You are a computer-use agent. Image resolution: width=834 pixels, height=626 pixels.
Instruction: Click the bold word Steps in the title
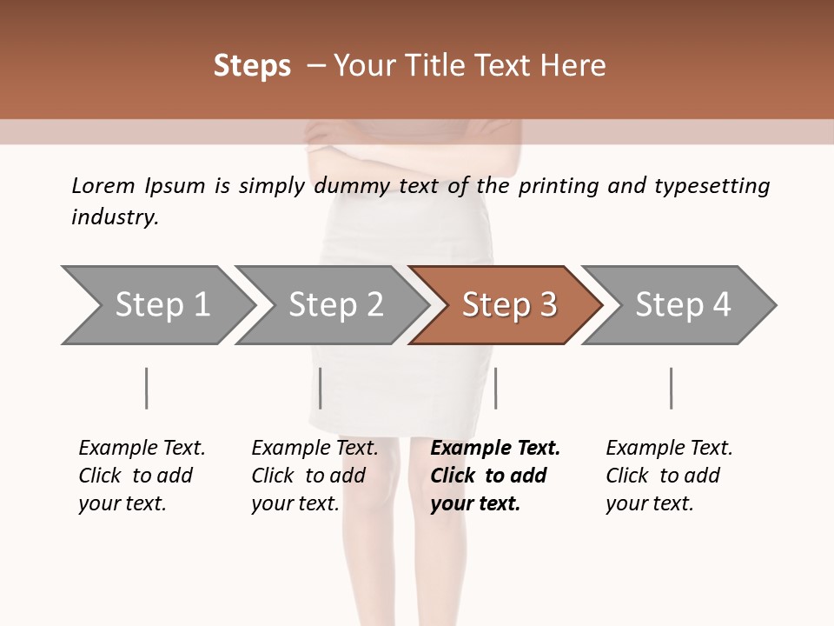pos(252,66)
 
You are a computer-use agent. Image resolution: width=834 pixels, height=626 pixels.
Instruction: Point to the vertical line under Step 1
pos(146,388)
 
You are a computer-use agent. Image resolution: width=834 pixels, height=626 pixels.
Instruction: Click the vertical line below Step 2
pos(321,388)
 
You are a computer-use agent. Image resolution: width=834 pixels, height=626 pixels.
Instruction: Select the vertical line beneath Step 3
pos(495,388)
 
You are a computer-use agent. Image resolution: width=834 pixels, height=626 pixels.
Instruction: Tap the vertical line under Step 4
pos(671,388)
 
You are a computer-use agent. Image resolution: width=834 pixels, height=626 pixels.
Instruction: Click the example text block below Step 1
pos(142,476)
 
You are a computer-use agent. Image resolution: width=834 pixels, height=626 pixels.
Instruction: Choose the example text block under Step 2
pos(314,476)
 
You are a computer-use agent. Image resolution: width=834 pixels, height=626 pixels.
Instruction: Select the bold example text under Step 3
pos(495,476)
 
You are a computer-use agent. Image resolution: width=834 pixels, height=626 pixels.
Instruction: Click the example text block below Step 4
pos(669,476)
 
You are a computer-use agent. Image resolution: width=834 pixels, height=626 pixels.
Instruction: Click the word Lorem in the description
pos(103,186)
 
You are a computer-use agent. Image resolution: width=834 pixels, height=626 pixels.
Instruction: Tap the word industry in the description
pos(115,217)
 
